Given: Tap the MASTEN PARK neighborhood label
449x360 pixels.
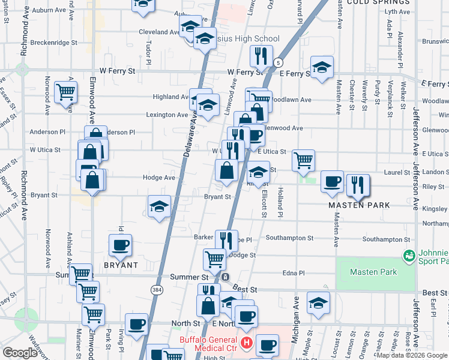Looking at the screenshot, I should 359,205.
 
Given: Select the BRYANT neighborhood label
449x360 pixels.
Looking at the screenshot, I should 121,265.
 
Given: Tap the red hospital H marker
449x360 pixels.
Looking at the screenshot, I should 246,343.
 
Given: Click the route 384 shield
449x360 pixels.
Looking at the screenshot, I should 156,289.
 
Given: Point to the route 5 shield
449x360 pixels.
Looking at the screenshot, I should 278,62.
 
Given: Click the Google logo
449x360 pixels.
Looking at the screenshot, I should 20,352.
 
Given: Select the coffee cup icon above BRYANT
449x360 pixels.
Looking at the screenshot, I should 121,245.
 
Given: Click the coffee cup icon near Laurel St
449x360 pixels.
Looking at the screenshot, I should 332,182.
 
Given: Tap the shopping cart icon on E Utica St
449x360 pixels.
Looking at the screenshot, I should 304,160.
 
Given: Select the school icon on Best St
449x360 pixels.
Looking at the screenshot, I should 318,303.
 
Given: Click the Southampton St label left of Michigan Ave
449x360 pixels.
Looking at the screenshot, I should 289,238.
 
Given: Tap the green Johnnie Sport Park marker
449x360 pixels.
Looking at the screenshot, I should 409,256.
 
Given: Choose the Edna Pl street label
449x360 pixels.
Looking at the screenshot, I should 293,274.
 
